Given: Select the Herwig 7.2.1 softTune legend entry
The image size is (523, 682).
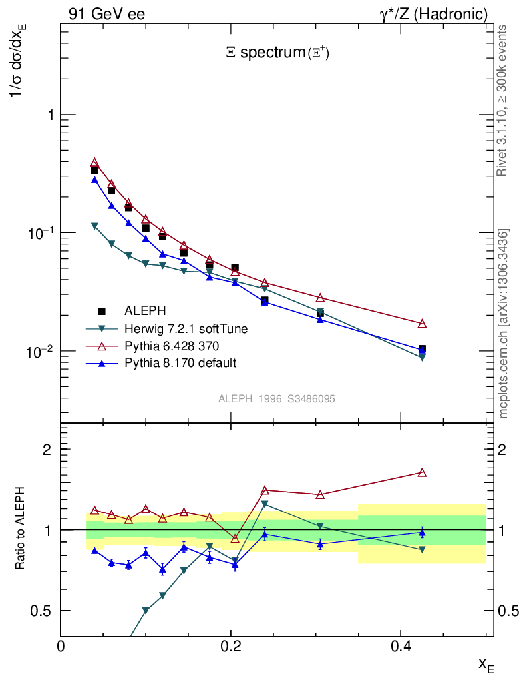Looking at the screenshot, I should [186, 328].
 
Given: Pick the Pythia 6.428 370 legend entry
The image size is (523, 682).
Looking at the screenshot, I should [171, 346].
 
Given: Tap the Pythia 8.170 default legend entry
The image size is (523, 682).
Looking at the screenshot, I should [180, 363].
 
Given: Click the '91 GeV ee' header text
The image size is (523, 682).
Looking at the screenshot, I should [106, 14].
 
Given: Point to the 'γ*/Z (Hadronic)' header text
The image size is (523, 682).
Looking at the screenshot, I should [434, 14].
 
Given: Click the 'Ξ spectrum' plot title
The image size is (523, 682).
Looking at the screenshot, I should [277, 53].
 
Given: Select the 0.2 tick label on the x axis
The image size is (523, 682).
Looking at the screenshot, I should [230, 646].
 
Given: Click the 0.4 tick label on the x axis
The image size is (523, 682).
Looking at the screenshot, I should [400, 646].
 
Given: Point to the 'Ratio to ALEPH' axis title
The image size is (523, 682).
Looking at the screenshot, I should [21, 529].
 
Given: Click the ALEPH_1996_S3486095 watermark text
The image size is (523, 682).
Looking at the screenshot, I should [276, 399].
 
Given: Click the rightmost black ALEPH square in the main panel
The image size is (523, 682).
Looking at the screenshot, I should [422, 349].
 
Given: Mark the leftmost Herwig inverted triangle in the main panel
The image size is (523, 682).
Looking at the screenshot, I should [94, 226].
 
